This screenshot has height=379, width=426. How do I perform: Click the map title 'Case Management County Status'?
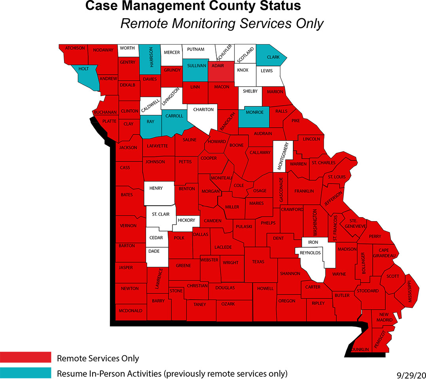point(193,6)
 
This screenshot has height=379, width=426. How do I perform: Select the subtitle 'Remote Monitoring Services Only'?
point(222,24)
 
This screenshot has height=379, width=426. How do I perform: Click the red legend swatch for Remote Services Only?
point(26,357)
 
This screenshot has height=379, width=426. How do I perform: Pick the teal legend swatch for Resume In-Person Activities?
point(26,373)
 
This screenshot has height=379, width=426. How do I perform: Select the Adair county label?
point(218,66)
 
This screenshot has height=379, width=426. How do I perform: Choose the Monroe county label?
point(255,112)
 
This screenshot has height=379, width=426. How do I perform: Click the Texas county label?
point(258,262)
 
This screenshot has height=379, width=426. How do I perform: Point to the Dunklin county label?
point(360,349)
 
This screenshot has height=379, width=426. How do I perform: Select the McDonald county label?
point(130,311)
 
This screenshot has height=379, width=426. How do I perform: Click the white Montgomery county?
point(283,156)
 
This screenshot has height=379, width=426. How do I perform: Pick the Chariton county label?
point(203,110)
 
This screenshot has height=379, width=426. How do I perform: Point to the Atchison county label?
point(75,48)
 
